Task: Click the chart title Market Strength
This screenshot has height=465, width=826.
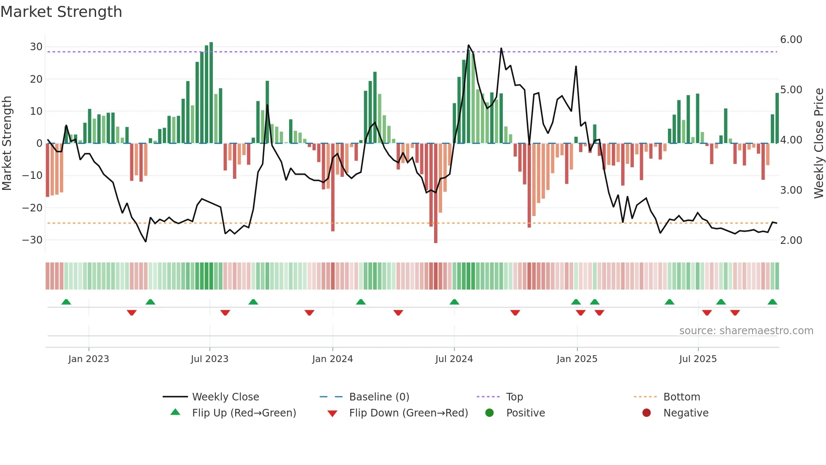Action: pos(61,12)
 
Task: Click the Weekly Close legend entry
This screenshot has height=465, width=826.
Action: pos(225,397)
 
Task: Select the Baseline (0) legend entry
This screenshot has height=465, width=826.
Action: pos(379,397)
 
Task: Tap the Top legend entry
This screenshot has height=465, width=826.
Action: pos(514,397)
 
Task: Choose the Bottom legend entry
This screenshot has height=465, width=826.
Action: pos(681,397)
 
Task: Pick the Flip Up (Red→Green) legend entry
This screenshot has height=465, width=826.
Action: pos(244,413)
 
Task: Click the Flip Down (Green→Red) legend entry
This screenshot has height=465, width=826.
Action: pos(408,413)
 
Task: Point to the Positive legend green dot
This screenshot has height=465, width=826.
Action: pos(489,413)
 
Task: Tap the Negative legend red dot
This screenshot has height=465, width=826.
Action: pos(646,413)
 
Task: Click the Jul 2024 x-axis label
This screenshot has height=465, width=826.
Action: pos(454,359)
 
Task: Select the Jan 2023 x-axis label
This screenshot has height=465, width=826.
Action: pos(88,359)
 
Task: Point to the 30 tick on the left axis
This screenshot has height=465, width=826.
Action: pos(36,47)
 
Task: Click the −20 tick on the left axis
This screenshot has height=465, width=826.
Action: pos(32,208)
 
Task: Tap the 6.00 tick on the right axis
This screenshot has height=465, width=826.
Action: pos(791,40)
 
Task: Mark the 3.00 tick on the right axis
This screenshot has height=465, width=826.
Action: pos(791,190)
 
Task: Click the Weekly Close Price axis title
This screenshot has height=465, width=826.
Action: pos(818,143)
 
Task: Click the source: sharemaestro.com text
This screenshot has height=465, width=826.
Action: pos(746,331)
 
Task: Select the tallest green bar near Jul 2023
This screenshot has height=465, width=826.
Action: pos(211,93)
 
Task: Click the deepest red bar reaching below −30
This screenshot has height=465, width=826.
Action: pos(436,194)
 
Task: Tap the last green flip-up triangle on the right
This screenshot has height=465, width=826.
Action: pos(772,302)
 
